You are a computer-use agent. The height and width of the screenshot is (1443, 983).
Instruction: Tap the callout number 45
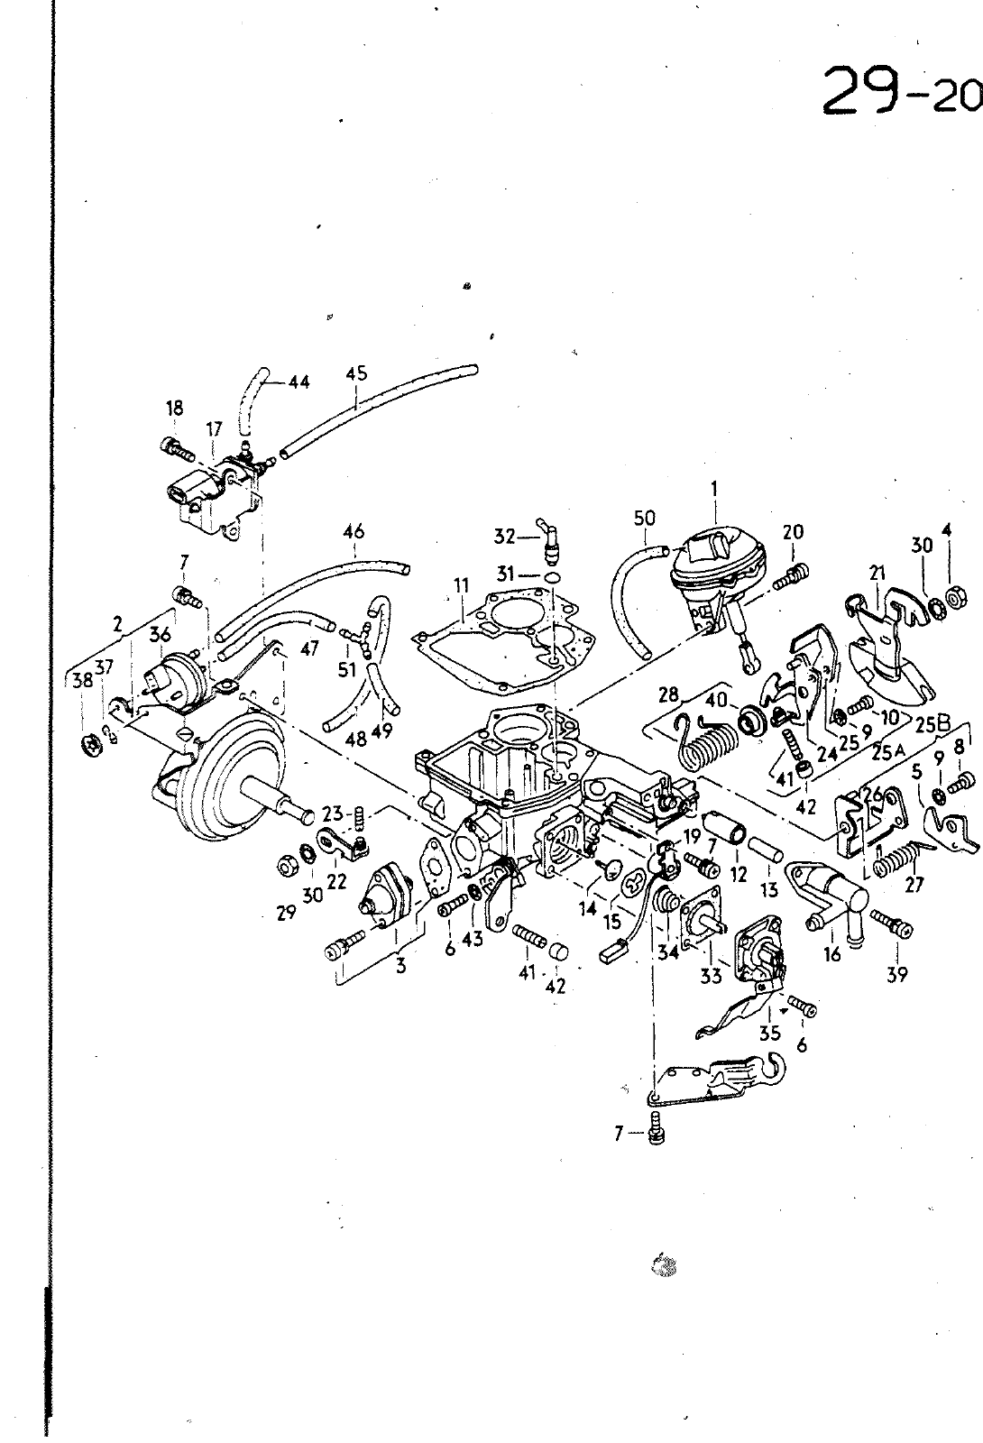pos(356,373)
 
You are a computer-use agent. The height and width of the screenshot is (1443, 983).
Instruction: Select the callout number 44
pos(299,382)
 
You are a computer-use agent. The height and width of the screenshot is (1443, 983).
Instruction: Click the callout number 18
pos(174,408)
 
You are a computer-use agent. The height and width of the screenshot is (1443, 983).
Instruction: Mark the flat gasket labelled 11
pos(505,631)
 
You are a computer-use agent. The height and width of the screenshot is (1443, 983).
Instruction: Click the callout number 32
pos(504,537)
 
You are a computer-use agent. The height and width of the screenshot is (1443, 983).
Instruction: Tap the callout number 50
pos(644,519)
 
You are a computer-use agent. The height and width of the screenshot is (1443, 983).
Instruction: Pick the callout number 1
pos(714,488)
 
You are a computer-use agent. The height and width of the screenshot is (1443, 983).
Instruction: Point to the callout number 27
pos(914,885)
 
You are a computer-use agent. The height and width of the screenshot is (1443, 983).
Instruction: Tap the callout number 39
pos(897,974)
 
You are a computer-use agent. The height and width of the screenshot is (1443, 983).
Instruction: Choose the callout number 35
pos(769,1033)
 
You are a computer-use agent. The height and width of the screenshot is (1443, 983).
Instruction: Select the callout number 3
pos(400,966)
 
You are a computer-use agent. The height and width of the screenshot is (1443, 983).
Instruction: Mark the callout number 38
pos(82,682)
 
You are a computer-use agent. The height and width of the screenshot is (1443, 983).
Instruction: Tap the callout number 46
pos(354,532)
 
